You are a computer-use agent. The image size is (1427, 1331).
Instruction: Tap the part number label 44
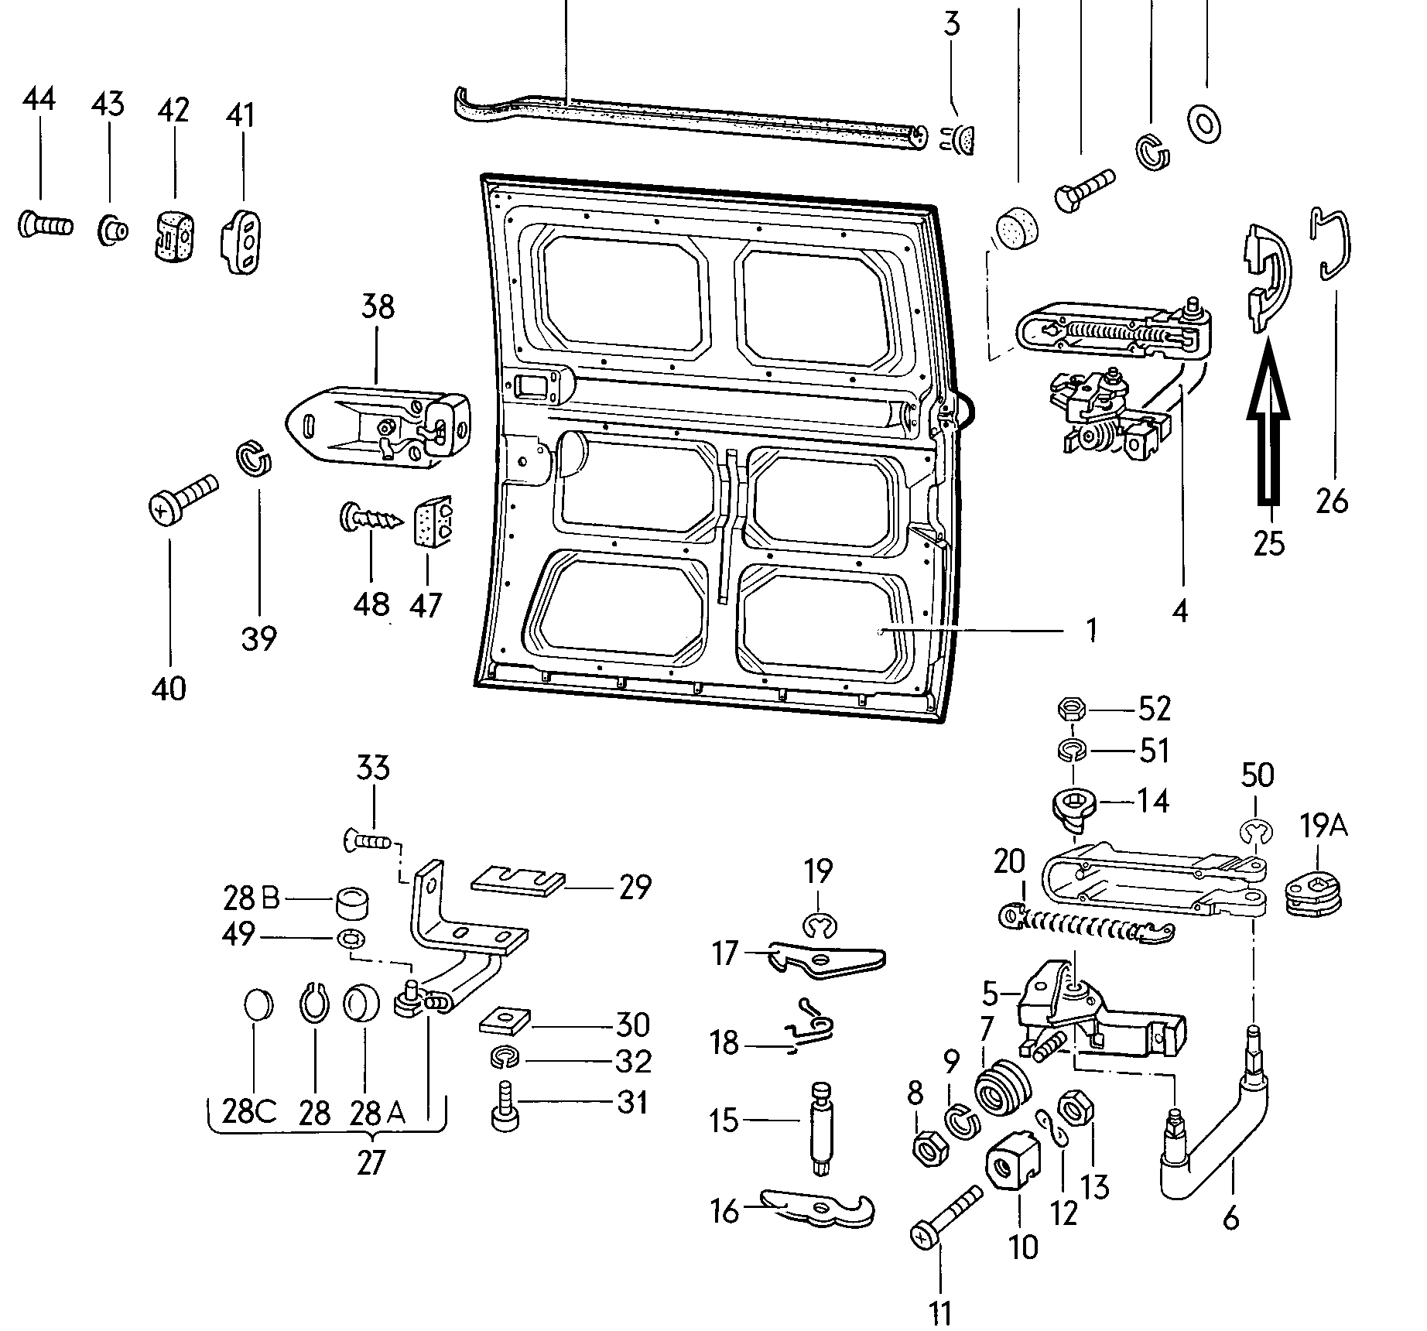point(39,100)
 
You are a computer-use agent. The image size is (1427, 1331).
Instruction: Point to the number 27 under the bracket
point(371,1162)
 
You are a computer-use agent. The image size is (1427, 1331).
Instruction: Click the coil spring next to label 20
point(1083,925)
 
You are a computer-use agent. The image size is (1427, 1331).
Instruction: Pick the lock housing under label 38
point(379,424)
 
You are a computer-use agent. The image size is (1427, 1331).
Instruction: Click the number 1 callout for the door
point(1090,630)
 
